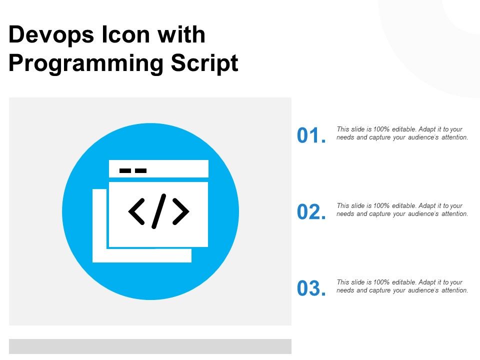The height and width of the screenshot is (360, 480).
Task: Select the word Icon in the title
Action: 125,34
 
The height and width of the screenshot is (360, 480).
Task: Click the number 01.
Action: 311,135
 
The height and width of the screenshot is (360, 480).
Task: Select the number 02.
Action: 311,212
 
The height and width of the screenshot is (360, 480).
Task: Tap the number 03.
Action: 311,288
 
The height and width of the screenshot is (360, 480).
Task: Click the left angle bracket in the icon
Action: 136,211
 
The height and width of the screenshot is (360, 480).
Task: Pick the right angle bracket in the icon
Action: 181,211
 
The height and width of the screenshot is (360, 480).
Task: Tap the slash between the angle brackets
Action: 159,211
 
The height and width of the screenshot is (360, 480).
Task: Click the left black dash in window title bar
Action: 125,170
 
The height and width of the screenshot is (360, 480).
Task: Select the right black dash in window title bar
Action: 141,170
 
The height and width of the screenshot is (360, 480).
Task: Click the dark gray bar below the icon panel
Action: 150,346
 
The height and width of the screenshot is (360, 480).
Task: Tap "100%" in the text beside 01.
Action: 381,129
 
